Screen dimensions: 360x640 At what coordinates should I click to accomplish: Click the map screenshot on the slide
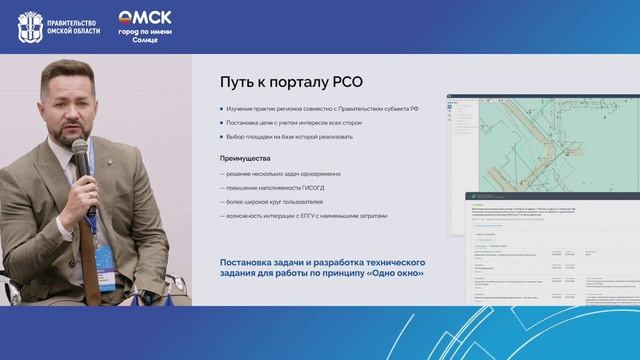pos(540,140)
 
